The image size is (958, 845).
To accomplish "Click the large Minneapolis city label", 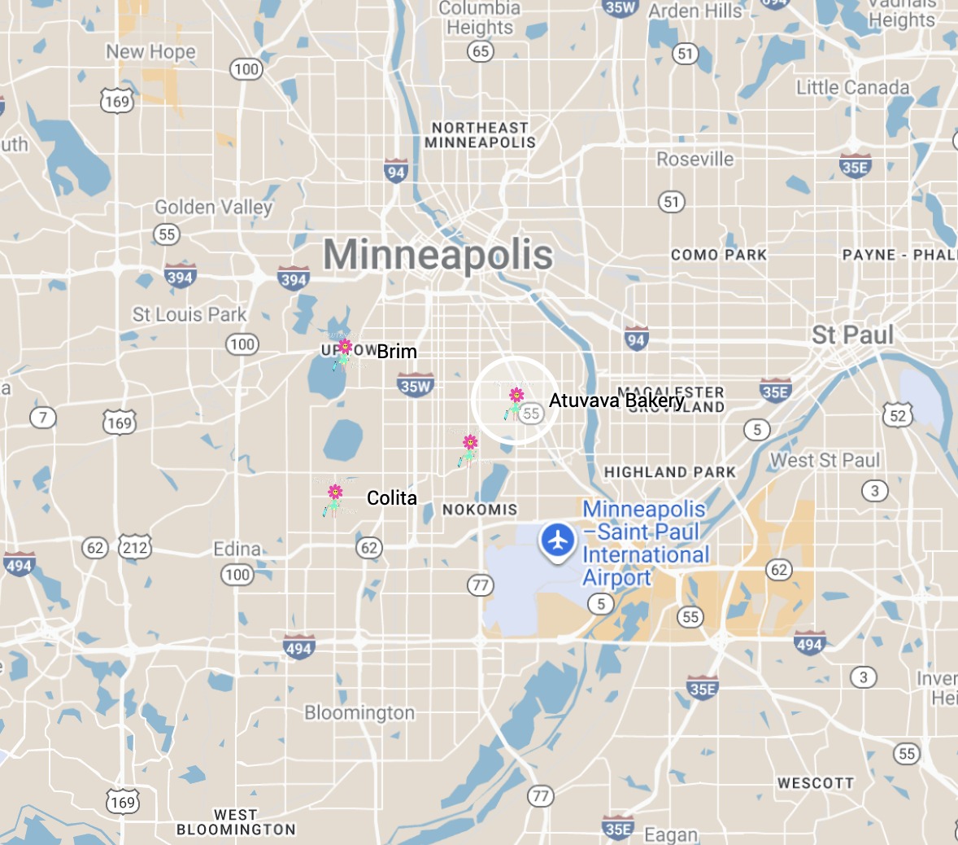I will [438, 255].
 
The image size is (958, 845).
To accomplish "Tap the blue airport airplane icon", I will [558, 539].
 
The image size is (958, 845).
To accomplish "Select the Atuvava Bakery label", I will [616, 401].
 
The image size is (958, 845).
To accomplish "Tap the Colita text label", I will [392, 498].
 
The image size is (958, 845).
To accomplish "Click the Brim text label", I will [397, 352].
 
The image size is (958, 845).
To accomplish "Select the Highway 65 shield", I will [481, 51].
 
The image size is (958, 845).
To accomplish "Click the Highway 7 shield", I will [43, 418].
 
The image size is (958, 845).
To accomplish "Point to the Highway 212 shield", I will [135, 547].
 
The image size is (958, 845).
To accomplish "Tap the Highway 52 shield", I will [897, 416].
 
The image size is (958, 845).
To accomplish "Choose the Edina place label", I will [237, 549].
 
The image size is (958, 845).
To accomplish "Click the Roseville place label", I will [695, 160].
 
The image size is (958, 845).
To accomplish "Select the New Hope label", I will [150, 52].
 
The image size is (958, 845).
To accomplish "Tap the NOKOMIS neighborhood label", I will [480, 510].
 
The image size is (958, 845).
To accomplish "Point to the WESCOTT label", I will [816, 783].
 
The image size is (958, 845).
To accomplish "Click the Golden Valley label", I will [213, 208].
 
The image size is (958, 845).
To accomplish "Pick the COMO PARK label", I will [719, 255].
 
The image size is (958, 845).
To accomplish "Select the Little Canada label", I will [853, 87].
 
